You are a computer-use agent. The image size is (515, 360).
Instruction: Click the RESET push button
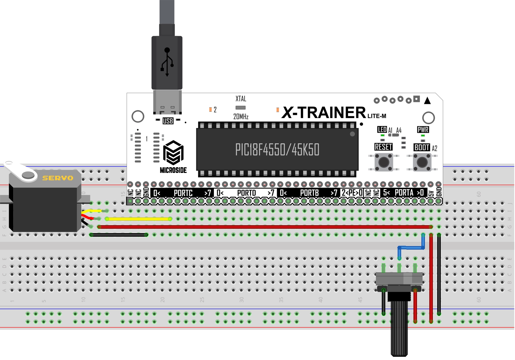[x=384, y=162]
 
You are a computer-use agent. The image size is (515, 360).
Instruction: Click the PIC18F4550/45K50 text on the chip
[x=277, y=149]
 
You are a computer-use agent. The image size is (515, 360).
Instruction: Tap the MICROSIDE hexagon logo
[x=173, y=152]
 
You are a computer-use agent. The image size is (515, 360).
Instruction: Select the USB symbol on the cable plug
[x=167, y=62]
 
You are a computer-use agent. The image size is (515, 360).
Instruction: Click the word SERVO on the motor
[x=58, y=178]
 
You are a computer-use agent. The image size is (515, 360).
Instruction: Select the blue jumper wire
[x=411, y=248]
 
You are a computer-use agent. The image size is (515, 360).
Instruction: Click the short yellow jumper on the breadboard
[x=138, y=219]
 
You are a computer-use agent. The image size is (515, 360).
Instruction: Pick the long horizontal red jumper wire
[x=264, y=227]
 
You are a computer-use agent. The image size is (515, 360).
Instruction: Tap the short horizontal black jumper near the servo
[x=119, y=235]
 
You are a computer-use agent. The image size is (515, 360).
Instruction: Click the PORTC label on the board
[x=183, y=193]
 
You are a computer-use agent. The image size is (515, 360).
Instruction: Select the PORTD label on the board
[x=246, y=193]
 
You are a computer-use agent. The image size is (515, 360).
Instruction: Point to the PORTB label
[x=309, y=193]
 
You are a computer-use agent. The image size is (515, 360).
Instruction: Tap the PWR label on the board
[x=423, y=129]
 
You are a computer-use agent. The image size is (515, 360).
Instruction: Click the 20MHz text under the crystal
[x=241, y=117]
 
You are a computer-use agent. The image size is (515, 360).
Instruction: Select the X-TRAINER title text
[x=324, y=112]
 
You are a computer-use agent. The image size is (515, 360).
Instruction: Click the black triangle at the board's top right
[x=427, y=100]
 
